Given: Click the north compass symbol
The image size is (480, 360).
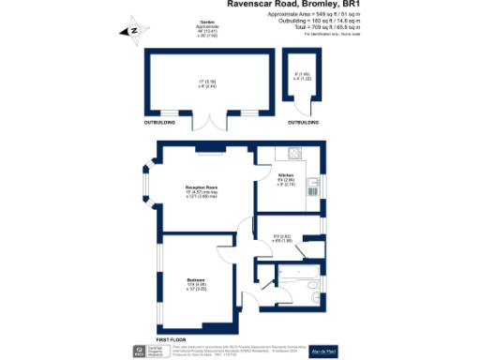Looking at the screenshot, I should (x=132, y=33).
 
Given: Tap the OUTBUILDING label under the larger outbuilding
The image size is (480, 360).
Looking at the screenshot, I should (x=158, y=122).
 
